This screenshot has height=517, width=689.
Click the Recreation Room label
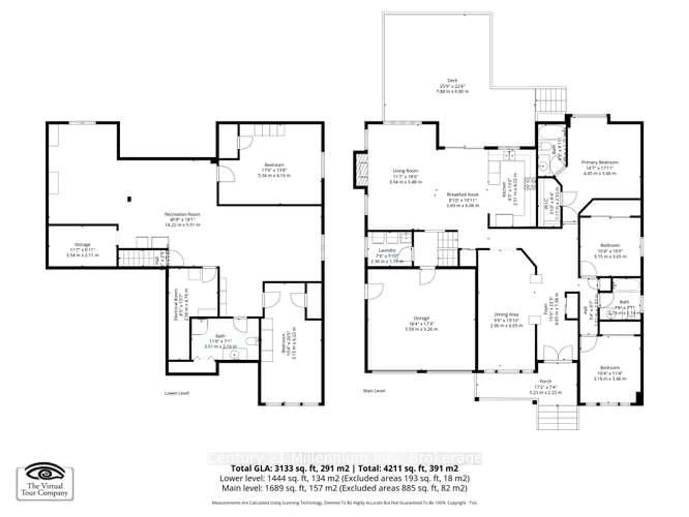182,214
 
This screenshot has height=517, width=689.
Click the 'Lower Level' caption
177,393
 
